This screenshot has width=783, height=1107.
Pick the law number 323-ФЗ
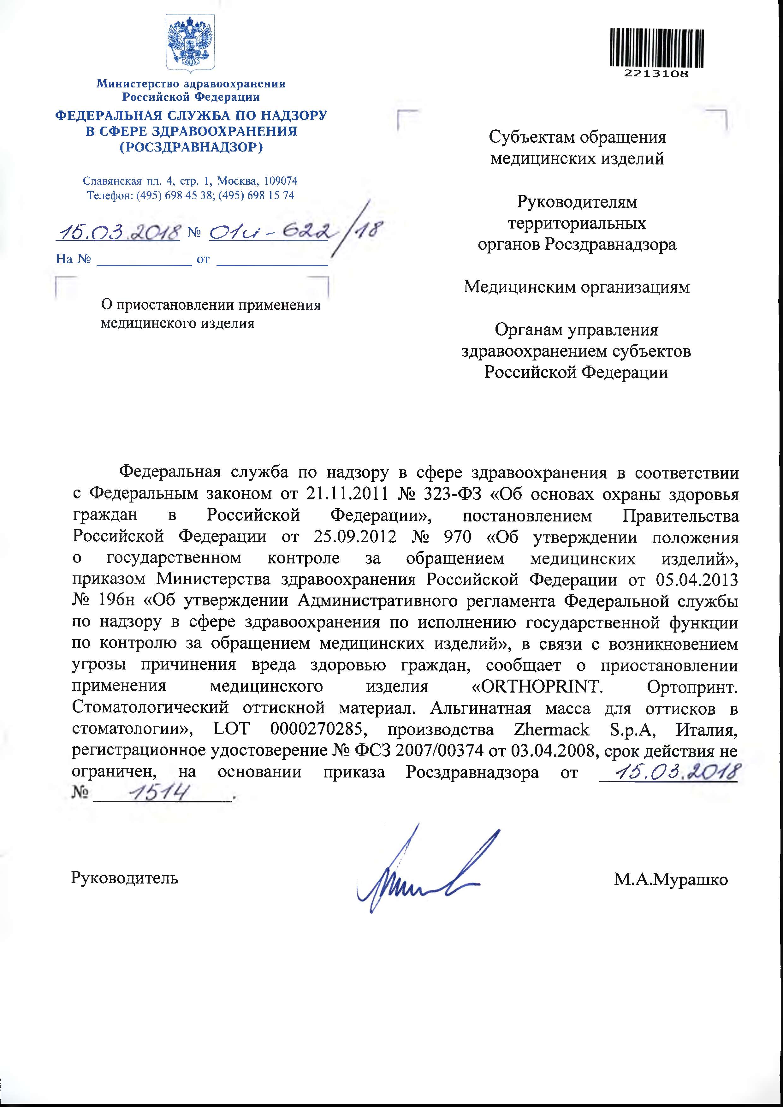pos(448,495)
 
